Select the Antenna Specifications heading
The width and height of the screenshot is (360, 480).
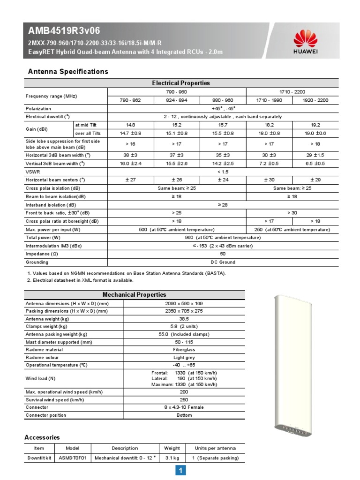tap(68, 72)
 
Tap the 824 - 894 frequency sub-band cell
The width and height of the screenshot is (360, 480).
tap(177, 100)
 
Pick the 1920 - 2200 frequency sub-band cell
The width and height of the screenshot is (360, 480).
tap(315, 100)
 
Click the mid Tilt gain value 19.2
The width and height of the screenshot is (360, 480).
tap(315, 125)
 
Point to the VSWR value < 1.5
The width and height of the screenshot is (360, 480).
tap(223, 172)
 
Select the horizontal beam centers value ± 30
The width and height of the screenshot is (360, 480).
tap(269, 180)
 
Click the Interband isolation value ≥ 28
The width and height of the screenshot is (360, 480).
tap(223, 205)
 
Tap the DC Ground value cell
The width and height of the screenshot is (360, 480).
tap(223, 262)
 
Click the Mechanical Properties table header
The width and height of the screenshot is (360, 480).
tap(134, 295)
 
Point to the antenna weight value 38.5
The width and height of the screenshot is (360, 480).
tap(183, 318)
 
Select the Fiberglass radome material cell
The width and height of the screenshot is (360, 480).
tap(183, 349)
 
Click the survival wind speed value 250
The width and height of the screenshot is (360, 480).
tap(183, 400)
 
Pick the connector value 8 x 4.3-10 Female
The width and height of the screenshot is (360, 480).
tap(183, 407)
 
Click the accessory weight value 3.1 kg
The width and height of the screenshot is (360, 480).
tap(172, 458)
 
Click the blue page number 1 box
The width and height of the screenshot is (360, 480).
tap(180, 471)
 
